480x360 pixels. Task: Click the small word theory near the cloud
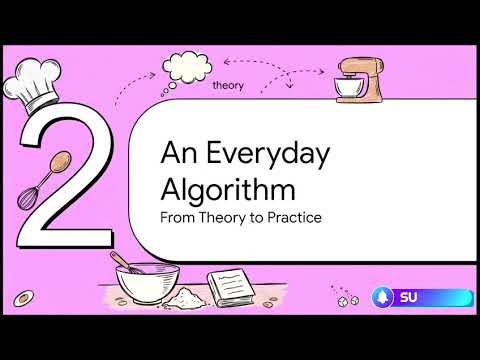(x=228, y=86)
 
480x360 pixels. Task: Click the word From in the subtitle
(x=177, y=216)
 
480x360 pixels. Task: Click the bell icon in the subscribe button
(x=384, y=297)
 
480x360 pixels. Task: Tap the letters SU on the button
(x=409, y=297)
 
